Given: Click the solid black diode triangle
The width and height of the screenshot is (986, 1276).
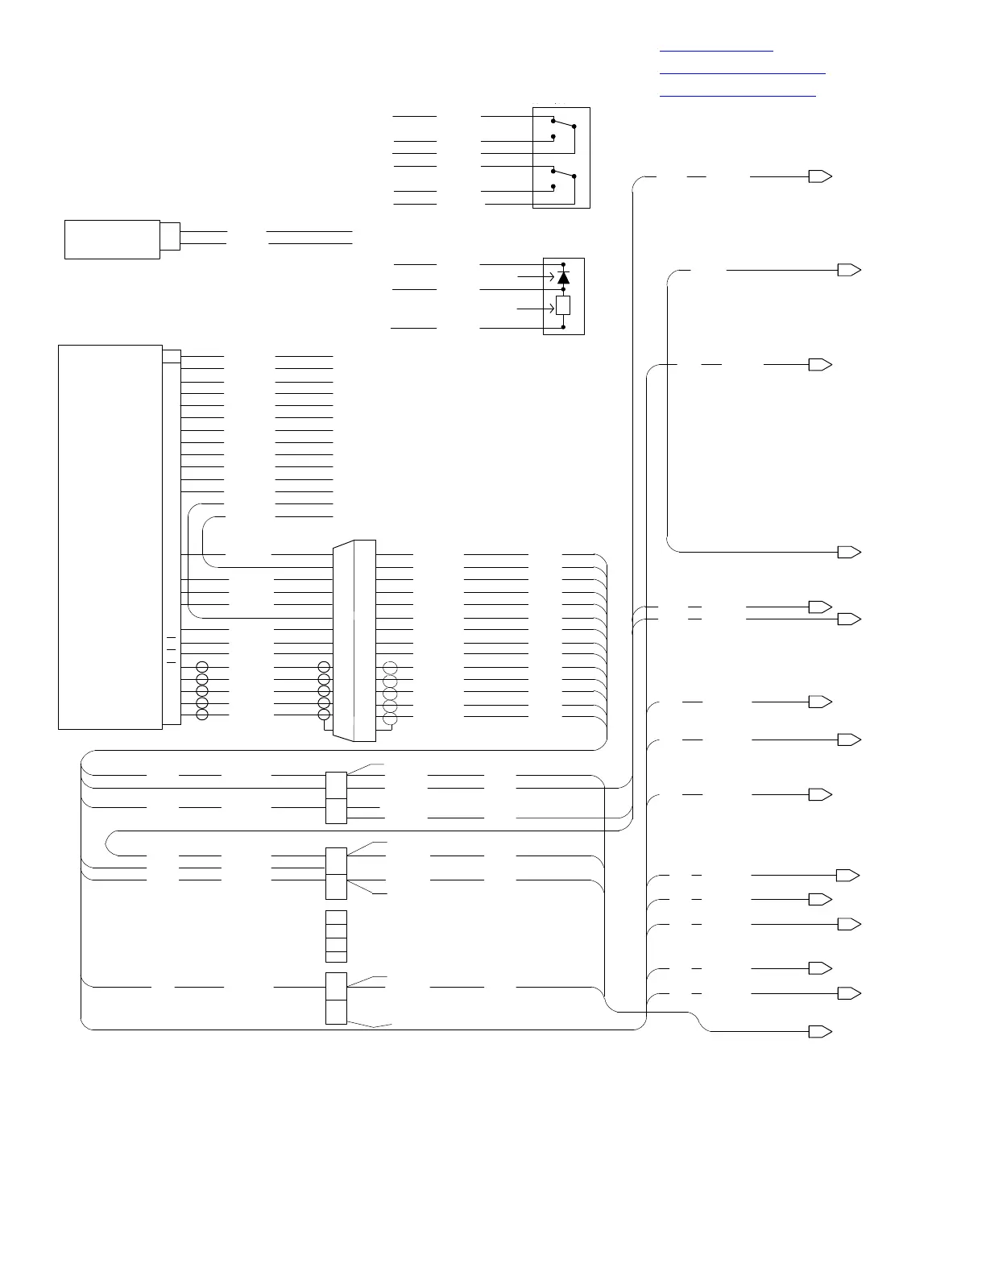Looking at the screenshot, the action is tap(563, 278).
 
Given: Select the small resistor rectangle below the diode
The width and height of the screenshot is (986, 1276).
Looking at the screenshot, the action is tap(563, 305).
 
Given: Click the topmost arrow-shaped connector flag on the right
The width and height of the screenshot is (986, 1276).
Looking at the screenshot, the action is tap(820, 176).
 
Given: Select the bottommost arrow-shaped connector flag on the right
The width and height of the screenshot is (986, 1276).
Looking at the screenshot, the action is tap(820, 1032).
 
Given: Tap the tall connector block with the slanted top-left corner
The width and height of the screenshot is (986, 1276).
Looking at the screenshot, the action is tap(354, 640).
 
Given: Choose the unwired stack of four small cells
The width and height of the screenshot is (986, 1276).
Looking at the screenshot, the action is tap(336, 936).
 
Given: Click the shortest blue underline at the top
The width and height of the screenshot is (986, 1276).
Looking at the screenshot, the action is tap(716, 51).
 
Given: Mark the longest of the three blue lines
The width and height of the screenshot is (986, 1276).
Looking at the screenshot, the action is tap(743, 73).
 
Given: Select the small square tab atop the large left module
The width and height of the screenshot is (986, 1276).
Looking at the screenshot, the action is tap(172, 355).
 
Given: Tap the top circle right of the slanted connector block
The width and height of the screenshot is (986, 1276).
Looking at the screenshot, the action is tap(391, 668).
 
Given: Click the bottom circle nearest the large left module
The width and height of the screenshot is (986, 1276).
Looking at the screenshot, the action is tap(202, 715).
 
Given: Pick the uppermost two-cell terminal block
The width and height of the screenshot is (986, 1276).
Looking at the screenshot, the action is tap(336, 797).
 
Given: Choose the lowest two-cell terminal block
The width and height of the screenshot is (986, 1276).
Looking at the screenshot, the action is tap(336, 998).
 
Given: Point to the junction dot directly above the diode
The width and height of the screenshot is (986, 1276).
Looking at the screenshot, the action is tap(563, 264).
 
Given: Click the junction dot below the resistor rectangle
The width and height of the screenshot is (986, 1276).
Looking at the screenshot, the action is tap(563, 327).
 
